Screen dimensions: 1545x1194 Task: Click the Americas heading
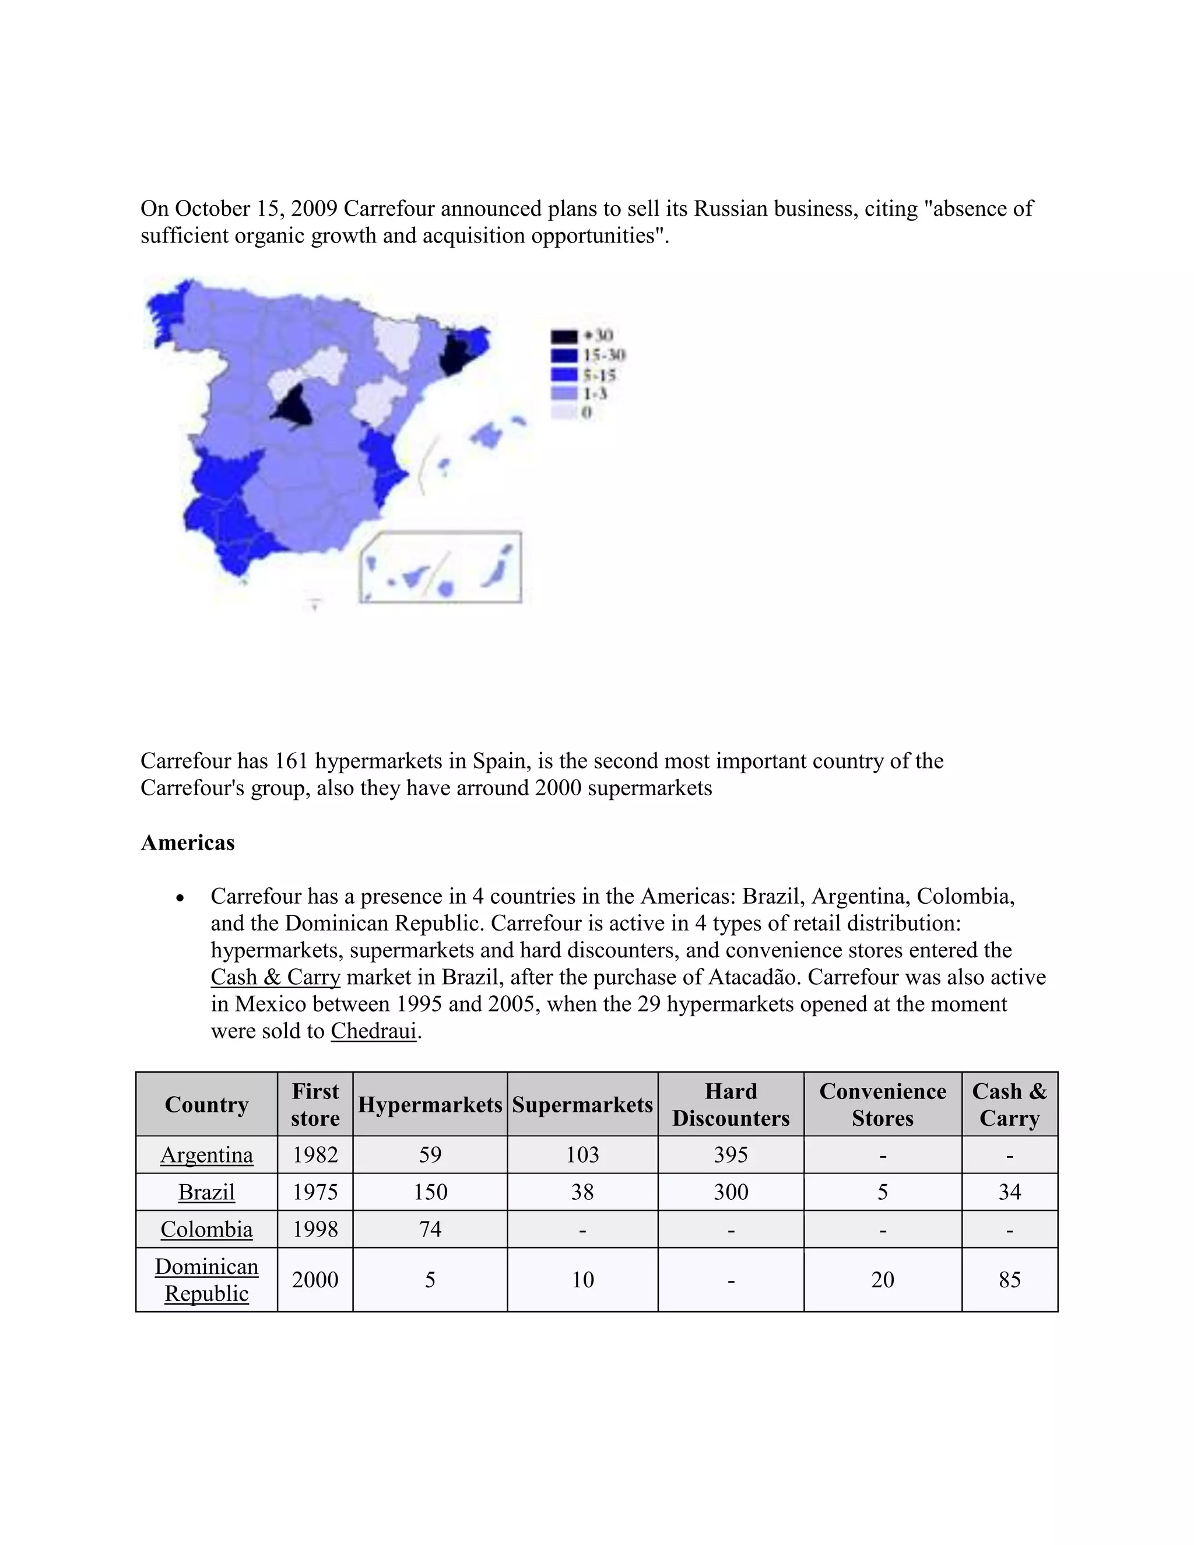coord(188,842)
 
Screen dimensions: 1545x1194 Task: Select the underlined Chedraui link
coord(374,1031)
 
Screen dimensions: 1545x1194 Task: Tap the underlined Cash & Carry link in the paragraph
coord(275,977)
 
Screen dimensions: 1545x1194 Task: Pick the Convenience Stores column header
coord(882,1104)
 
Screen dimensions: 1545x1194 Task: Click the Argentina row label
coord(206,1154)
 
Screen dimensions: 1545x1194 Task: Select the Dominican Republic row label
coord(206,1280)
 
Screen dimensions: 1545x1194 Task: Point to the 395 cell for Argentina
coord(731,1154)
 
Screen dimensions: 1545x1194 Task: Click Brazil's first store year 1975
coord(315,1192)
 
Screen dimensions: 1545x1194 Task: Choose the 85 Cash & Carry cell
coord(1009,1280)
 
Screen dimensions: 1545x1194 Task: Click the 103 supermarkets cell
coord(582,1154)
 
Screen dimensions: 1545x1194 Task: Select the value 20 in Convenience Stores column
coord(882,1280)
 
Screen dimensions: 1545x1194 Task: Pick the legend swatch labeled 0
coord(564,412)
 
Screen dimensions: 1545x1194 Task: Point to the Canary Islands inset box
coord(440,567)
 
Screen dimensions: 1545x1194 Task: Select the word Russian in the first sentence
coord(731,209)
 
